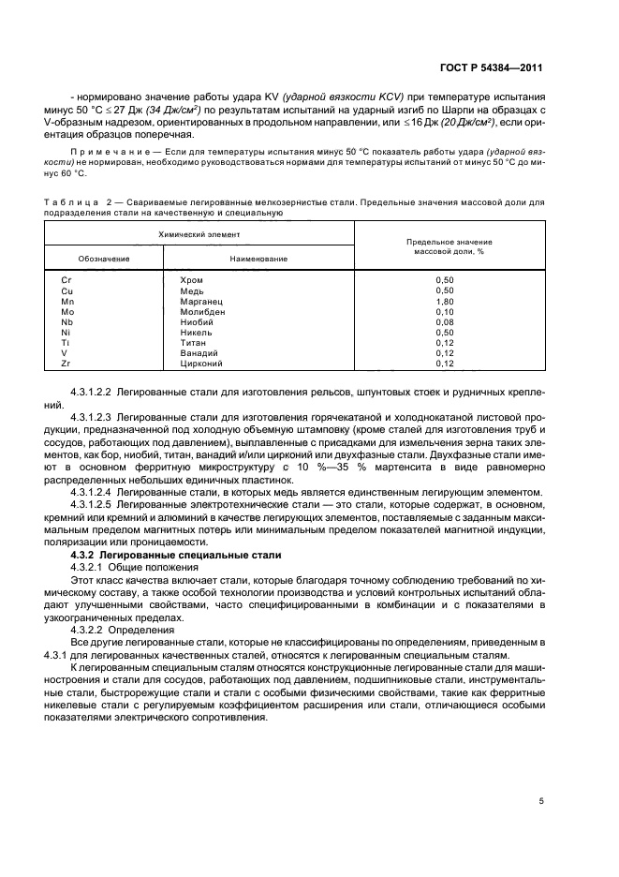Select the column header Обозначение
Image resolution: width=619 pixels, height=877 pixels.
(x=104, y=258)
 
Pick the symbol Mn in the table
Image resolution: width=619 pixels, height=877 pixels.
(x=67, y=301)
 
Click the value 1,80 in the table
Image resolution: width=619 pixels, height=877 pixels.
(x=444, y=301)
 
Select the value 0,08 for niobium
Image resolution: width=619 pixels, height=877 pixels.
(x=444, y=321)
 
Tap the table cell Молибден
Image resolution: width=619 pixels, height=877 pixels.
(x=200, y=311)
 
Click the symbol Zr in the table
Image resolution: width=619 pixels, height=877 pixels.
(x=66, y=363)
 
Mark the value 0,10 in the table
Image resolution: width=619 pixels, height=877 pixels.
(x=444, y=311)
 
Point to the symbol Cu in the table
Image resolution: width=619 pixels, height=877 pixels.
(x=66, y=290)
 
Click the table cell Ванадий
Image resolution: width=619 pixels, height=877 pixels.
(x=198, y=352)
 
